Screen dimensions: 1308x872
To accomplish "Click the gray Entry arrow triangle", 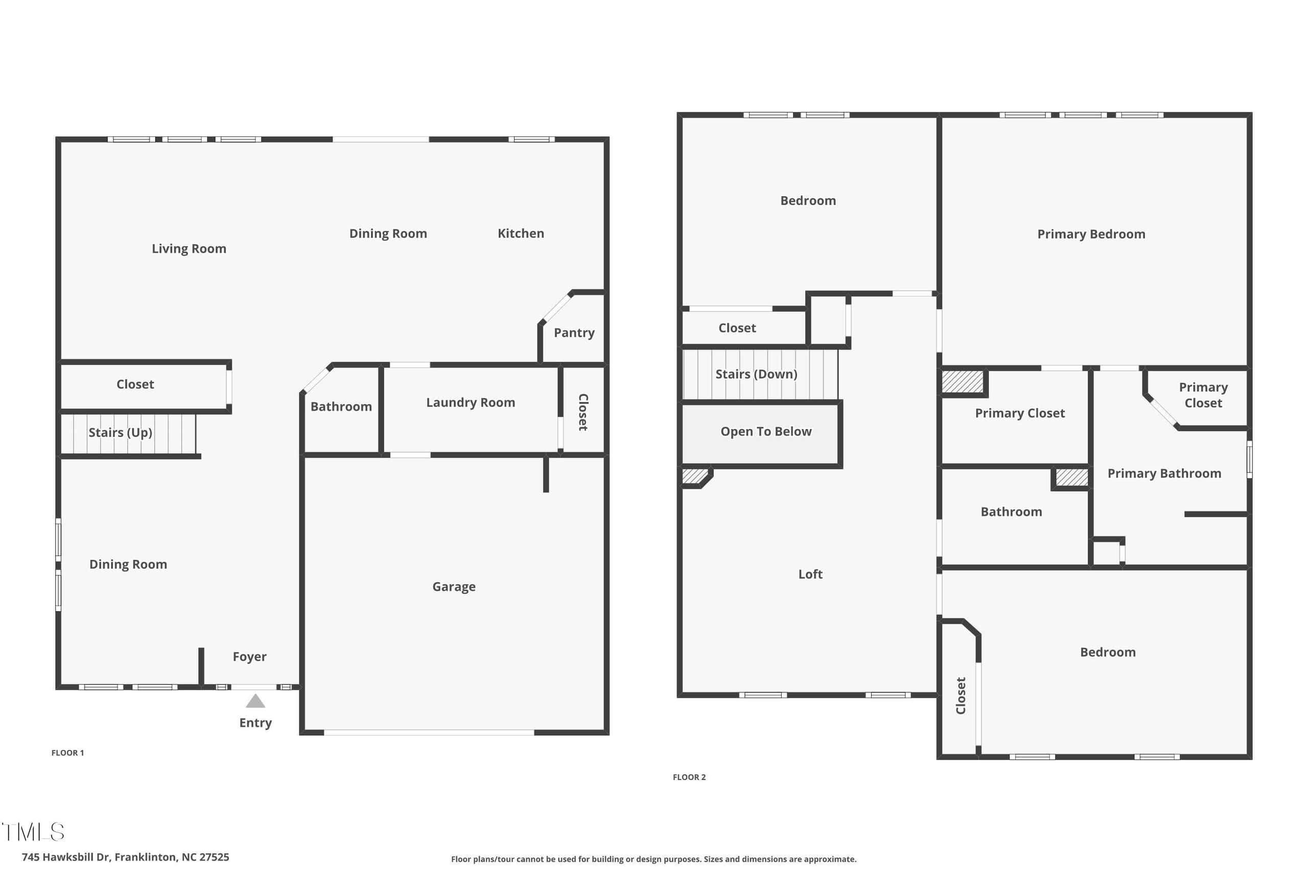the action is click(255, 701).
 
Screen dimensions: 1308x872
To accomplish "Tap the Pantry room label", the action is click(574, 333).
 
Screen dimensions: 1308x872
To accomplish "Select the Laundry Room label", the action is click(471, 402).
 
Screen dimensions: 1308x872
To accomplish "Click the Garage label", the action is click(454, 587).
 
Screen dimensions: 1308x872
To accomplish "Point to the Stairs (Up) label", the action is click(120, 432).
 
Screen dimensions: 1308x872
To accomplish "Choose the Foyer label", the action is click(249, 657).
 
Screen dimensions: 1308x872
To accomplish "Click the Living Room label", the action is click(189, 249).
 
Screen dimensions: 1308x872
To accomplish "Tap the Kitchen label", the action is click(521, 233).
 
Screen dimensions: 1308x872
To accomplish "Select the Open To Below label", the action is click(766, 431).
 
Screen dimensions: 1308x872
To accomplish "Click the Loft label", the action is click(810, 574).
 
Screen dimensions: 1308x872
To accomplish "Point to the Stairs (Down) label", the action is click(756, 374).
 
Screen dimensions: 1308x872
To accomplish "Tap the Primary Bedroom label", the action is click(1091, 234).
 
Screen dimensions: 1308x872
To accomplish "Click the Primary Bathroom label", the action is click(1164, 473).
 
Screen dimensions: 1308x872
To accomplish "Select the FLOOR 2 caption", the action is click(689, 777).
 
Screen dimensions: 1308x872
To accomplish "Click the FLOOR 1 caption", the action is click(67, 752).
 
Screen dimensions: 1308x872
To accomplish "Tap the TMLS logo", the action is click(33, 832).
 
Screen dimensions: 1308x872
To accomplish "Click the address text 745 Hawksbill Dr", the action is click(66, 857).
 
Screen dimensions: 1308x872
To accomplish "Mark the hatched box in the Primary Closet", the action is click(962, 382).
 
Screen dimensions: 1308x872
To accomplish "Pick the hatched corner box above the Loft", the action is click(695, 476).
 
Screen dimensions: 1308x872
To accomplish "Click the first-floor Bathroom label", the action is click(341, 407).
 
